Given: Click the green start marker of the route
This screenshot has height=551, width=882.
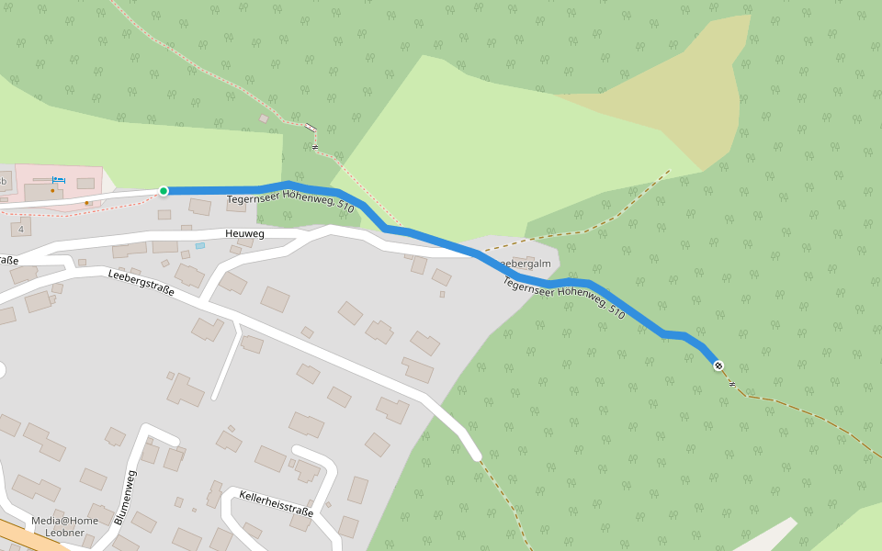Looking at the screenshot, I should [x=164, y=191].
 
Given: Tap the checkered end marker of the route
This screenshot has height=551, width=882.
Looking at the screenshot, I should [x=718, y=365].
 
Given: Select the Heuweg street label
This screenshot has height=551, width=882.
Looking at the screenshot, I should [x=244, y=234].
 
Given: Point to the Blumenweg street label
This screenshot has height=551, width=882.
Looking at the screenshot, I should [x=126, y=497].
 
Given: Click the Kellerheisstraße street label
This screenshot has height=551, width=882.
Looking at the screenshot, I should [x=276, y=503].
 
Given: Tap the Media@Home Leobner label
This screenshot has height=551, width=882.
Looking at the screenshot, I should [x=64, y=526].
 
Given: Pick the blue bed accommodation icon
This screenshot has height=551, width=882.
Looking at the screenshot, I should [x=59, y=179].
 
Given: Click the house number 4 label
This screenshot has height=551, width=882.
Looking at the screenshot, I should [x=21, y=229].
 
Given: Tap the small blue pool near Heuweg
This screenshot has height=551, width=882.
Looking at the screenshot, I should [x=199, y=246].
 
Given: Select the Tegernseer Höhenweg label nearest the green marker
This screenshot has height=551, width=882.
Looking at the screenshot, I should [x=290, y=200].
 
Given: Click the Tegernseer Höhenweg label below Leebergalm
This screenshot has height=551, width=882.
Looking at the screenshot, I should [x=564, y=298].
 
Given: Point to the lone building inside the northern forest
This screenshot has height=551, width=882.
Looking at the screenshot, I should [x=264, y=118].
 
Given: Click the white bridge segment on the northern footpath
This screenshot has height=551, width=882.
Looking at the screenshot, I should [x=311, y=127].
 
